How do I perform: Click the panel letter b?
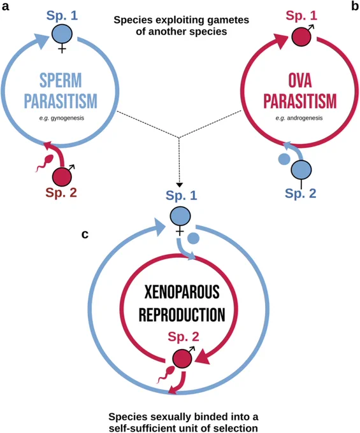(x=355, y=6)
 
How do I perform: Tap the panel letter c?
(x=85, y=234)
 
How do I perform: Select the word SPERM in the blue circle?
(x=61, y=80)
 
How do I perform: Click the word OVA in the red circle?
(x=300, y=80)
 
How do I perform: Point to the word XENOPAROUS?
(x=182, y=292)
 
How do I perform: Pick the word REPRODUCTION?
(x=182, y=315)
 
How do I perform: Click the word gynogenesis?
(x=68, y=118)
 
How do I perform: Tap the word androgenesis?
(x=305, y=118)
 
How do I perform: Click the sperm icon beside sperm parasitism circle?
(x=44, y=164)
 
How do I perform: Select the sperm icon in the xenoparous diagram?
(x=166, y=374)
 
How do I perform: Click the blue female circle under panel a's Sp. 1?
(x=62, y=34)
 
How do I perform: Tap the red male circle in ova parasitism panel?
(x=302, y=37)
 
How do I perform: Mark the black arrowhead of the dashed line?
(x=179, y=185)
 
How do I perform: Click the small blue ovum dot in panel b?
(x=284, y=159)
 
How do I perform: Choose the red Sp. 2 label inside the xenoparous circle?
(x=183, y=337)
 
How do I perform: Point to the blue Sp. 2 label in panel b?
(x=300, y=194)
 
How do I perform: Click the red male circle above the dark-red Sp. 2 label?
(x=62, y=177)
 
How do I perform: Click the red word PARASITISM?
(x=300, y=101)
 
